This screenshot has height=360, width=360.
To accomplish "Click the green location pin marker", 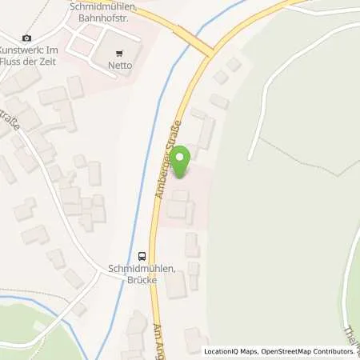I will coord(181,162).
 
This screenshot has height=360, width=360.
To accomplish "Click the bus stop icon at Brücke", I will coord(142,256).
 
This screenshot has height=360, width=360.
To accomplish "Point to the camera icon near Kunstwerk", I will coord(27,38).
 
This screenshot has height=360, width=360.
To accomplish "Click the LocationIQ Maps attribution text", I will coord(227,351).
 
